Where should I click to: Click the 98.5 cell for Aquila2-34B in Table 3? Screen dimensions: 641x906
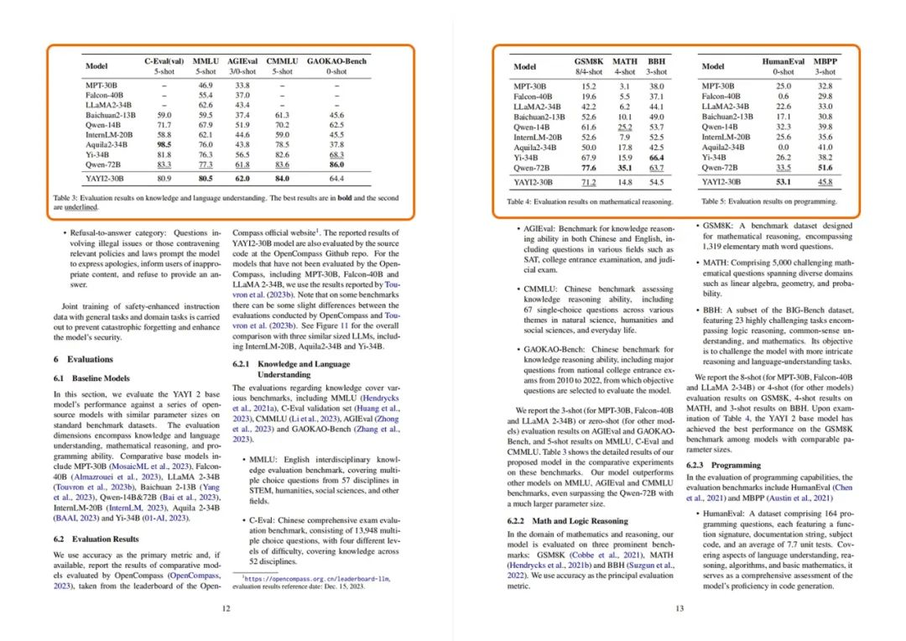pos(164,144)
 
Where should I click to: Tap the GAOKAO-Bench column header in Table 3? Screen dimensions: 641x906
pos(336,62)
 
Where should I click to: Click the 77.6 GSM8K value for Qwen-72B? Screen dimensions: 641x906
pos(588,167)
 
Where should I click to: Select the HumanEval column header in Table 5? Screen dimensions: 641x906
pos(784,61)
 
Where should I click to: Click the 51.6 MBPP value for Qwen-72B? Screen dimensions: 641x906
pos(825,167)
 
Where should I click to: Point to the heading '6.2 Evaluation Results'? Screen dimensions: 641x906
pos(95,539)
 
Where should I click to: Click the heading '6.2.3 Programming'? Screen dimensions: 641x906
pos(725,464)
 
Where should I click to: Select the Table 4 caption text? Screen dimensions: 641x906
pos(590,202)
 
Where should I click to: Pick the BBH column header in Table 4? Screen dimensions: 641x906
pos(658,61)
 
